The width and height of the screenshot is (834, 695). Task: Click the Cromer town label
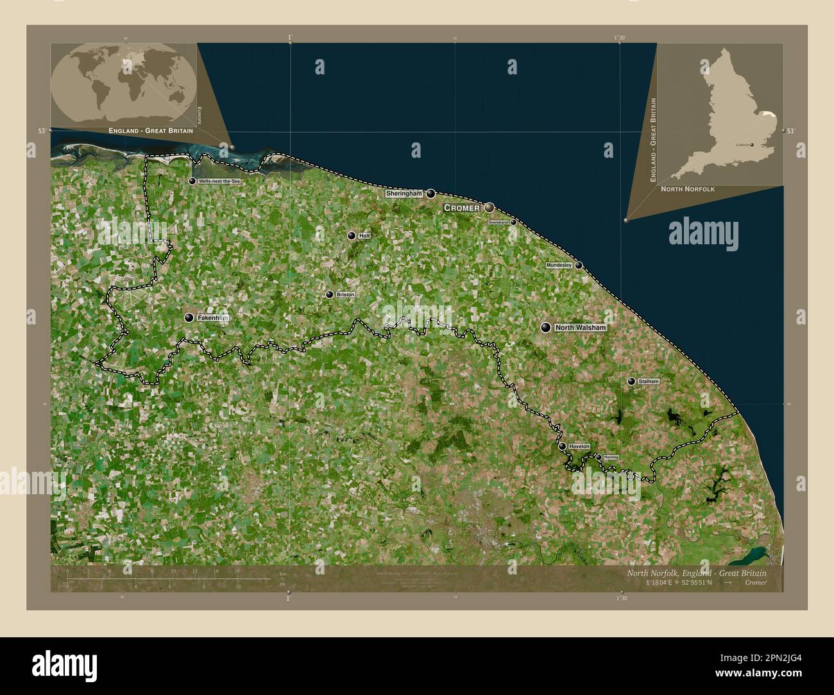point(462,208)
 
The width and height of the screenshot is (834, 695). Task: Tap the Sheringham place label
point(404,194)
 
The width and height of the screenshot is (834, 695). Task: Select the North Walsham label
point(580,328)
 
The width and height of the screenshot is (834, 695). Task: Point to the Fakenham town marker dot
point(189,317)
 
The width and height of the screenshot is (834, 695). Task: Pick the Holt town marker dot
point(352,236)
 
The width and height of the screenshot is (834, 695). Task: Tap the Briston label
point(345,295)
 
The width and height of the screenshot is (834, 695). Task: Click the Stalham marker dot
point(631,381)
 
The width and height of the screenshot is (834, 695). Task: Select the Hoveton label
point(579,446)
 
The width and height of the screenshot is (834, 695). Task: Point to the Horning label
point(611,457)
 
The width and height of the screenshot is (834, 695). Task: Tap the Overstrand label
point(498,222)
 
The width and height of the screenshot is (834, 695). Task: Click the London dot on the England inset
point(751,146)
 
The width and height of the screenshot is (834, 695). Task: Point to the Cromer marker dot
point(489,208)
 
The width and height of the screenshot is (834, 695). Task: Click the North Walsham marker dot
point(546,328)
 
